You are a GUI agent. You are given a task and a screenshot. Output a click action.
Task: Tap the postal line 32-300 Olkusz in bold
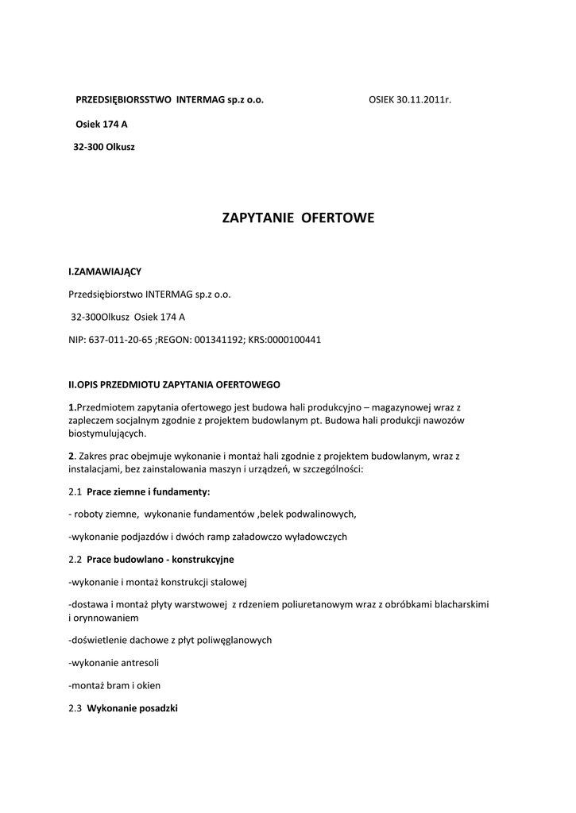[x=104, y=147]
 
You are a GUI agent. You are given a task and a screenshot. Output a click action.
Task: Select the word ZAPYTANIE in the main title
[x=257, y=218]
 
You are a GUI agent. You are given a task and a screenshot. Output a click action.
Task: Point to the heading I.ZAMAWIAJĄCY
[x=105, y=272]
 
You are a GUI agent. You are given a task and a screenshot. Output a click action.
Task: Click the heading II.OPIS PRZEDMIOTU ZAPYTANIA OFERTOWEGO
[x=175, y=385]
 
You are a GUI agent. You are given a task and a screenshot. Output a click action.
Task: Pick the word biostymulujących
[x=108, y=434]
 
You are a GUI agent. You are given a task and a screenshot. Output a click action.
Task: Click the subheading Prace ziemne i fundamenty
[x=149, y=492]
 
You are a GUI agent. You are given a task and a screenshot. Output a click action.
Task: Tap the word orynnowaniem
[x=106, y=618]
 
